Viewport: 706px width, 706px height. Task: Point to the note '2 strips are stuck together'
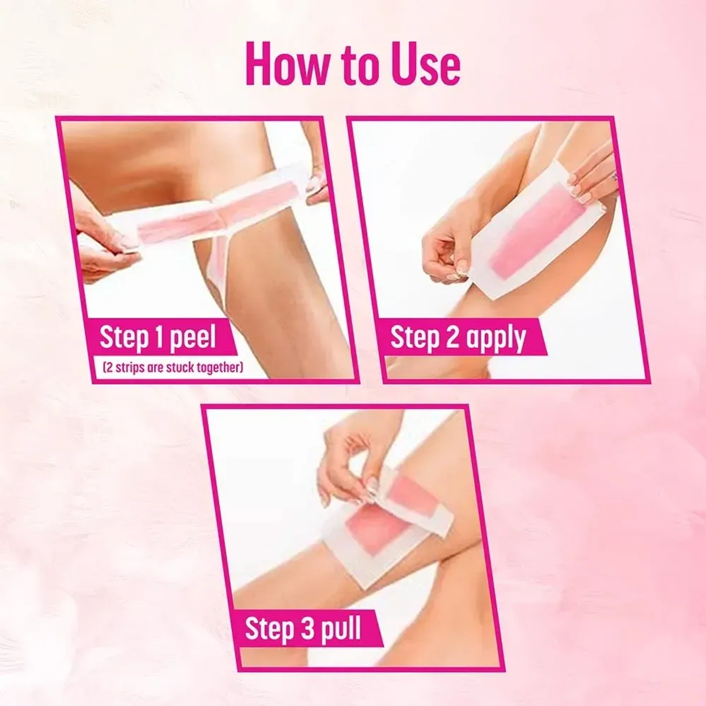coord(172,369)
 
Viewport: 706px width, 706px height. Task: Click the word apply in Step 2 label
coord(495,339)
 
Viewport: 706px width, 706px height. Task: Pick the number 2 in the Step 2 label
coord(451,339)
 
